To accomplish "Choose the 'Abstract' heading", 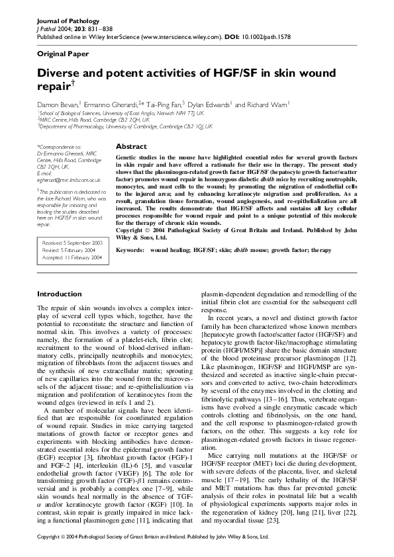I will pyautogui.click(x=131, y=146).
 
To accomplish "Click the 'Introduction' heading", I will pyautogui.click(x=60, y=294).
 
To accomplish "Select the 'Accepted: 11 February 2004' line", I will pyautogui.click(x=72, y=257).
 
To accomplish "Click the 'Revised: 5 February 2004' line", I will pyautogui.click(x=68, y=250).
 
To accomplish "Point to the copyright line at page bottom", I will pyautogui.click(x=153, y=537).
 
